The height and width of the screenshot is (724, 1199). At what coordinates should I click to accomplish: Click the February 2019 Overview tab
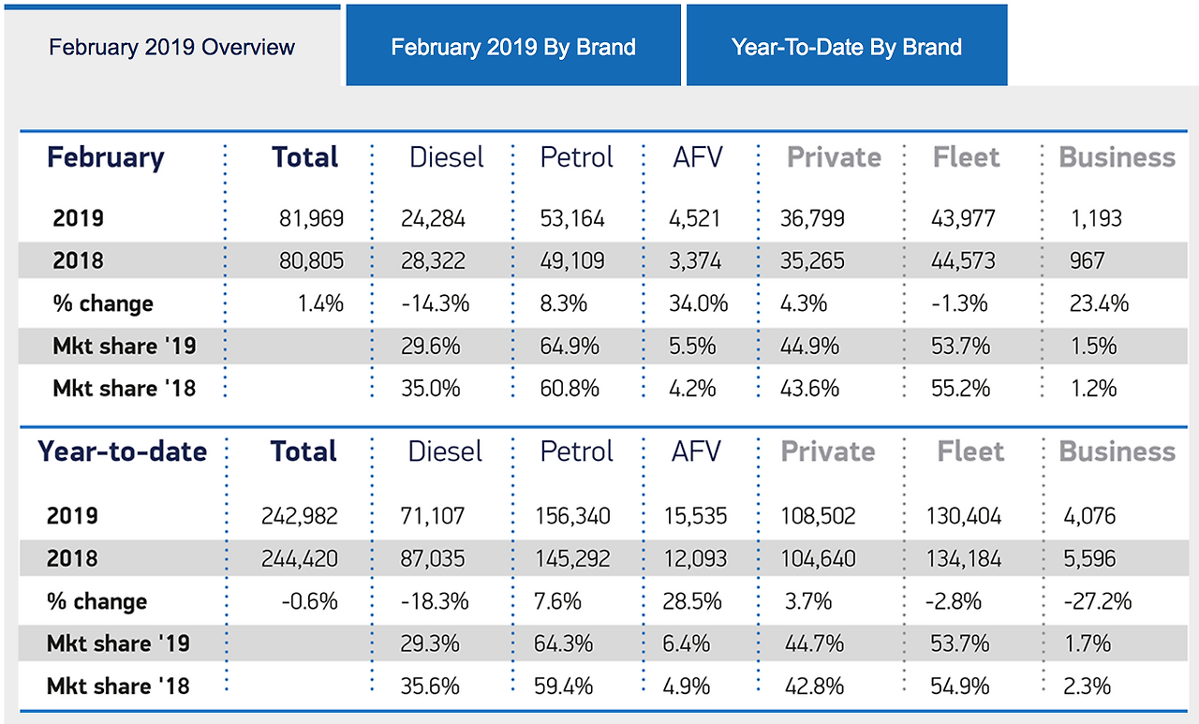click(171, 47)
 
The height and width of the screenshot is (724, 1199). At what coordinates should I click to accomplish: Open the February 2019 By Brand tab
click(513, 47)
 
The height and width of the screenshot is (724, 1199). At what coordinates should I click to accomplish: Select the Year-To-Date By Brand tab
click(847, 47)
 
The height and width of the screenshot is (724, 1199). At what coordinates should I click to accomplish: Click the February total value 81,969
click(311, 219)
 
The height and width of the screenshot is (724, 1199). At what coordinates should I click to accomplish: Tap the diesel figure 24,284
click(432, 219)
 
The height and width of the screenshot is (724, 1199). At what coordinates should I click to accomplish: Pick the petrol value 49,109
click(572, 261)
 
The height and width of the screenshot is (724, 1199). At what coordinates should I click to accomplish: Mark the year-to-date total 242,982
click(301, 516)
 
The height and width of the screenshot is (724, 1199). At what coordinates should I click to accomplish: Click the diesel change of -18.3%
click(434, 601)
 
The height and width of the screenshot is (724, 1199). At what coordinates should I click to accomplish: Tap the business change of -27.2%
click(1097, 601)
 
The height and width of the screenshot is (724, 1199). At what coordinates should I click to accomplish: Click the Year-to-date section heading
click(123, 451)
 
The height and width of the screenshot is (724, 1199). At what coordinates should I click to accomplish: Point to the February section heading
click(106, 157)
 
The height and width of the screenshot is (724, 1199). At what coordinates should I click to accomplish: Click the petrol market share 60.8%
click(570, 388)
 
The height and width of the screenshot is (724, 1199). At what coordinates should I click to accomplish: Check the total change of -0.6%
click(310, 601)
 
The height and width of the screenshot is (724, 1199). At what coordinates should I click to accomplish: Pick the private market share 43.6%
click(810, 388)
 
